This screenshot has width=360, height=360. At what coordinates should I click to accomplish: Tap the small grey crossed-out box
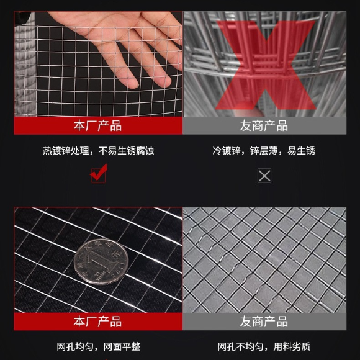[264, 176]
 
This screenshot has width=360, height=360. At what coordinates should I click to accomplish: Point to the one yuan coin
[101, 261]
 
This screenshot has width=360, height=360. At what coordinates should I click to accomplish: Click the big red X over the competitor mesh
[265, 65]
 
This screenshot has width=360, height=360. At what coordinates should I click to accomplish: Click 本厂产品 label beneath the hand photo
[97, 126]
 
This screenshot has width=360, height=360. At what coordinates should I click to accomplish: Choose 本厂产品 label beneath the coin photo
[97, 322]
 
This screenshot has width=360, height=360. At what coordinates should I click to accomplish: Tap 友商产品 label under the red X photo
[264, 126]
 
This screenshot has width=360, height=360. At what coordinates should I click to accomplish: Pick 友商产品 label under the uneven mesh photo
[264, 322]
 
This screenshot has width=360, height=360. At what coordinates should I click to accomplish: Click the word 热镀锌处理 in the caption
[66, 151]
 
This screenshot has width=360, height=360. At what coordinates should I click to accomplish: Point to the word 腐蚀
[145, 151]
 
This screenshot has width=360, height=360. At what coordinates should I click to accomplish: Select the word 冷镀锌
[227, 151]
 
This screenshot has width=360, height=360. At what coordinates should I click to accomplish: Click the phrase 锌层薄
[264, 151]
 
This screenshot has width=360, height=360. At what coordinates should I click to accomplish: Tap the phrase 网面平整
[122, 347]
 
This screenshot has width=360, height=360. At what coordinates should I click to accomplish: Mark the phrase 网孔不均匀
[241, 347]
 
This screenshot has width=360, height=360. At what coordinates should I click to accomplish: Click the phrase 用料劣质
[292, 347]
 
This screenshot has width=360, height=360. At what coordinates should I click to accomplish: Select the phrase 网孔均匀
[75, 347]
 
